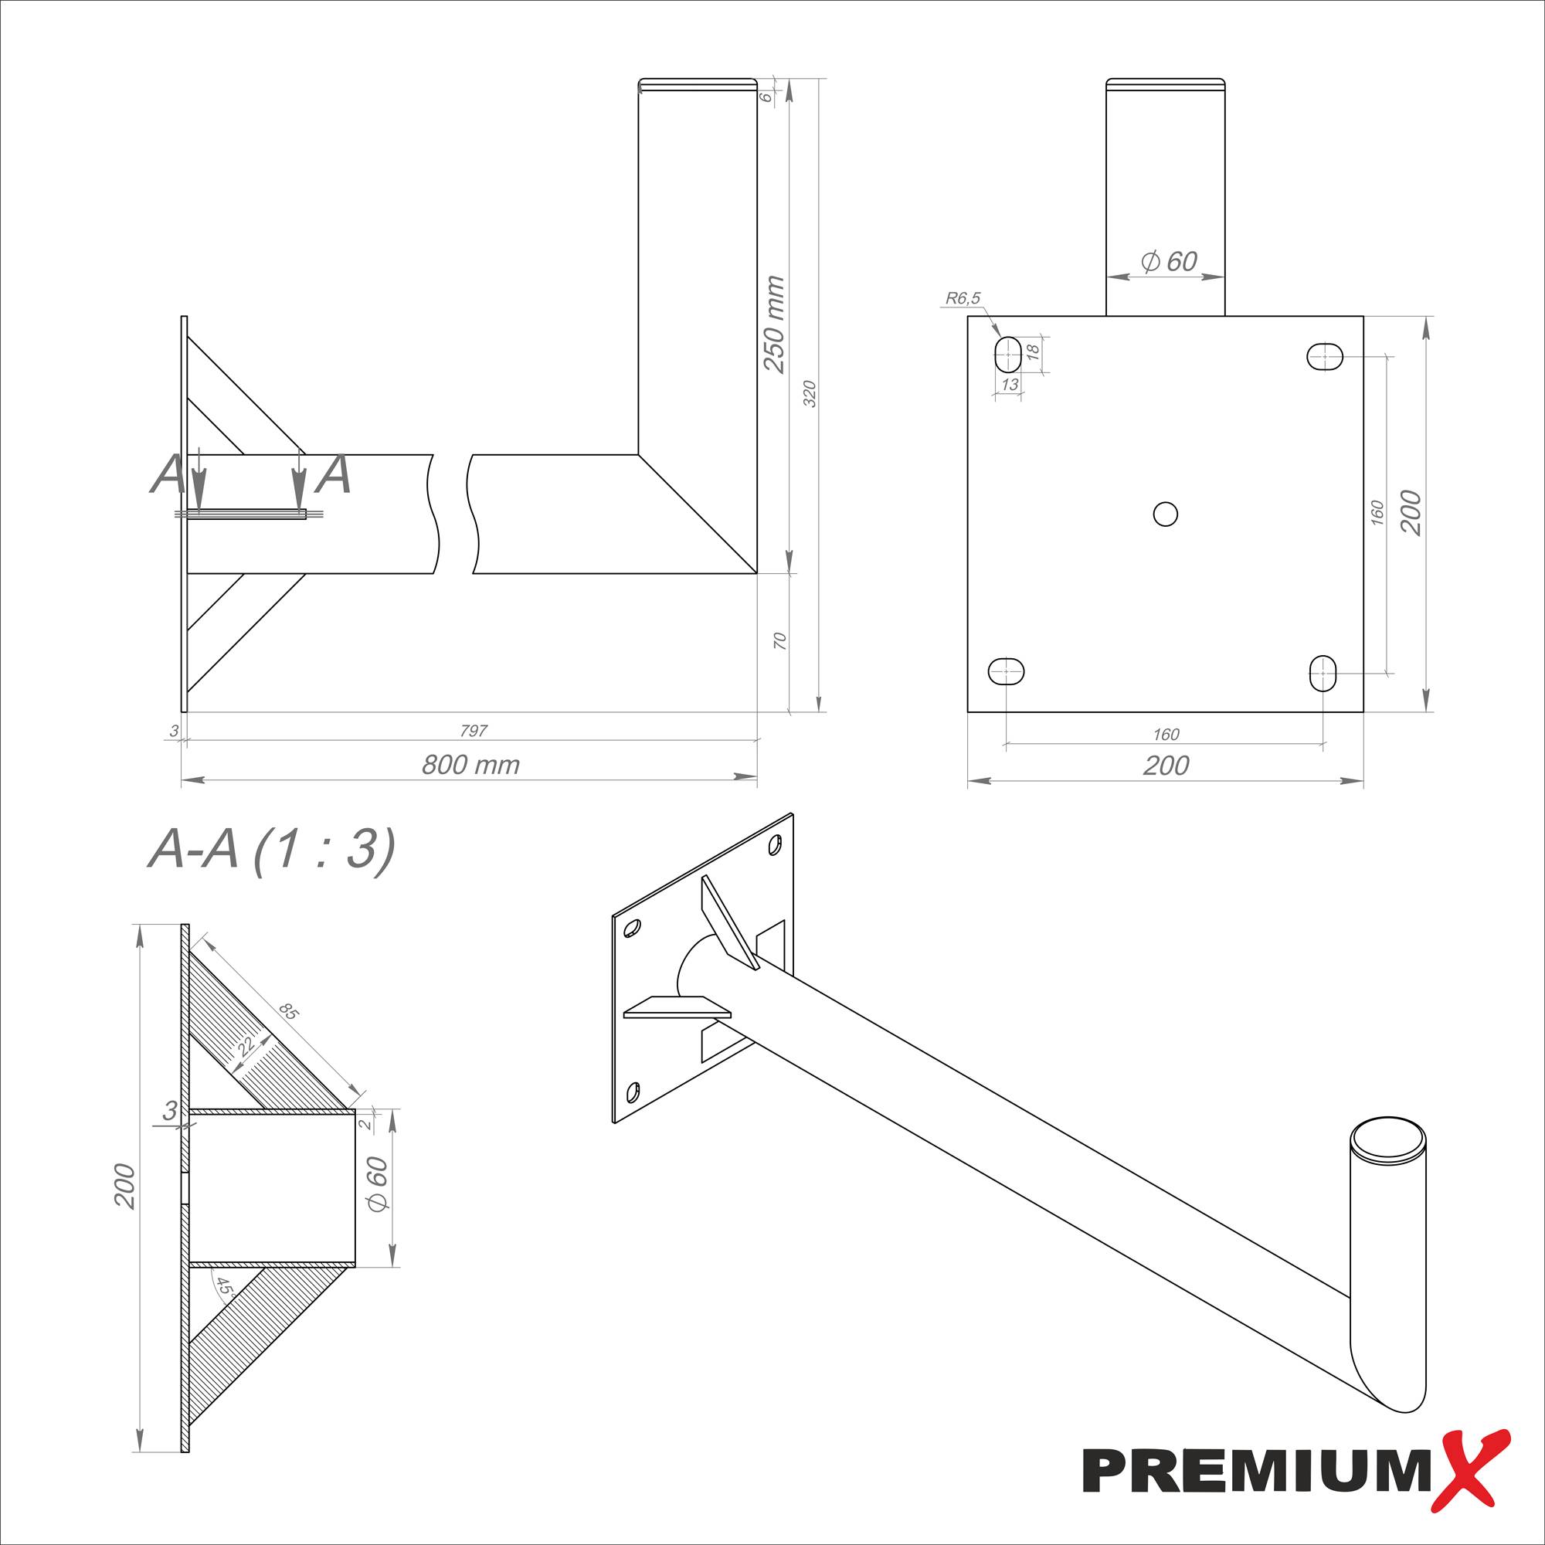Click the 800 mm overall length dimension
tap(470, 766)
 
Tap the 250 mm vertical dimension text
tap(774, 324)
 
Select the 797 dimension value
tap(474, 730)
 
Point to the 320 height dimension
tap(810, 394)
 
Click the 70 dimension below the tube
tap(780, 640)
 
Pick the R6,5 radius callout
tap(962, 298)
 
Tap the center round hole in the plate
tap(1165, 514)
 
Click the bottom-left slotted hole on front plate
tap(1007, 671)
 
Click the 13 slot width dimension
tap(1009, 385)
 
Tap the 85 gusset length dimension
tap(289, 1013)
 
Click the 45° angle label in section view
tap(225, 1288)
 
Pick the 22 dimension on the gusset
tap(246, 1045)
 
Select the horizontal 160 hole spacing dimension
tap(1166, 733)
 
